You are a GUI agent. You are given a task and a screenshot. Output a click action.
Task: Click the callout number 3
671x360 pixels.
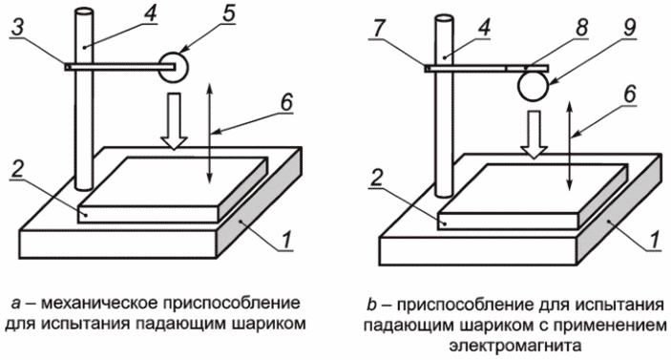(x=17, y=29)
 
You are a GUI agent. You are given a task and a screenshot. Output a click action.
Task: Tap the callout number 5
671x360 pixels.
(x=229, y=12)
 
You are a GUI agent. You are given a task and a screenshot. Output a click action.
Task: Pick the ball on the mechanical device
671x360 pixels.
(x=174, y=67)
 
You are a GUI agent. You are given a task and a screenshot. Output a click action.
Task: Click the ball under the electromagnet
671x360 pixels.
(x=533, y=87)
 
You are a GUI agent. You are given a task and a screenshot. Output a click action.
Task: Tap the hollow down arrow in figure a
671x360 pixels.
(x=174, y=121)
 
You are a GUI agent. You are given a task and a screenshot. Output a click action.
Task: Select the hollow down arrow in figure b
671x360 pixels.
(x=534, y=135)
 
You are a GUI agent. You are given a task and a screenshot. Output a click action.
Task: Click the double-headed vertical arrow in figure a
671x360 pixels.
(x=209, y=134)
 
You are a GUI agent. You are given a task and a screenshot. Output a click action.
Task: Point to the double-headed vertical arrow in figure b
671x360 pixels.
(x=569, y=145)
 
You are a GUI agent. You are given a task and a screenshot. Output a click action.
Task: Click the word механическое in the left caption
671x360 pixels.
(x=99, y=303)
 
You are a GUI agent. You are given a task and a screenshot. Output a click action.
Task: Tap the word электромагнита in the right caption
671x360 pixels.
(x=515, y=345)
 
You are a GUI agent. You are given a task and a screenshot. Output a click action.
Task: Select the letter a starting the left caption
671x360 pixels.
(x=16, y=304)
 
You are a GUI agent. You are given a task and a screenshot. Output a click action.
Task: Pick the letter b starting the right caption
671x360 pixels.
(x=371, y=305)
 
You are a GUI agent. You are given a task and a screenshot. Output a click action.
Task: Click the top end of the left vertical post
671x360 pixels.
(x=83, y=11)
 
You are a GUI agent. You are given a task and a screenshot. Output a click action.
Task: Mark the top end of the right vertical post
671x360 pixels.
(x=444, y=19)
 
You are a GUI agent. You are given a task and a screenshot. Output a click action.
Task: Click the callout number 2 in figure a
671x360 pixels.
(x=18, y=170)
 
